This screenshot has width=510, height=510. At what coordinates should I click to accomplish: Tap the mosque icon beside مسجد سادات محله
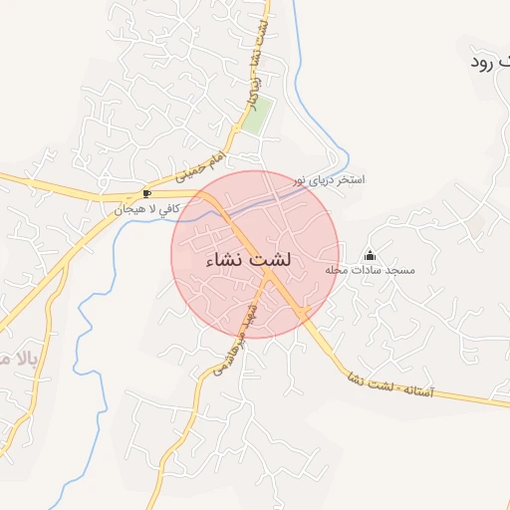click(371, 256)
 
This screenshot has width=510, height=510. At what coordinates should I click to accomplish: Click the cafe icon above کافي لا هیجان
click(147, 193)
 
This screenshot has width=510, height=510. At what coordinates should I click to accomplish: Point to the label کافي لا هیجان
click(146, 209)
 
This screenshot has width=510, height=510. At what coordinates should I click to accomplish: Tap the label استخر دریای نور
click(328, 181)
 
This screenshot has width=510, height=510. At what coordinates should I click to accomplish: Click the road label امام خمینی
click(202, 165)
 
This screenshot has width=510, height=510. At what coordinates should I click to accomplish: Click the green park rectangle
click(257, 118)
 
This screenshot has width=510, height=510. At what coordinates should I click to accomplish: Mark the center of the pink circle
click(256, 254)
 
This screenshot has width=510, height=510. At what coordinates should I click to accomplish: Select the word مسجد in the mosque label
click(400, 271)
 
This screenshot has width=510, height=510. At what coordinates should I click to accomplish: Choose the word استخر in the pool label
click(351, 180)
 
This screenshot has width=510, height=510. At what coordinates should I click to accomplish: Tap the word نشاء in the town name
click(224, 260)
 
